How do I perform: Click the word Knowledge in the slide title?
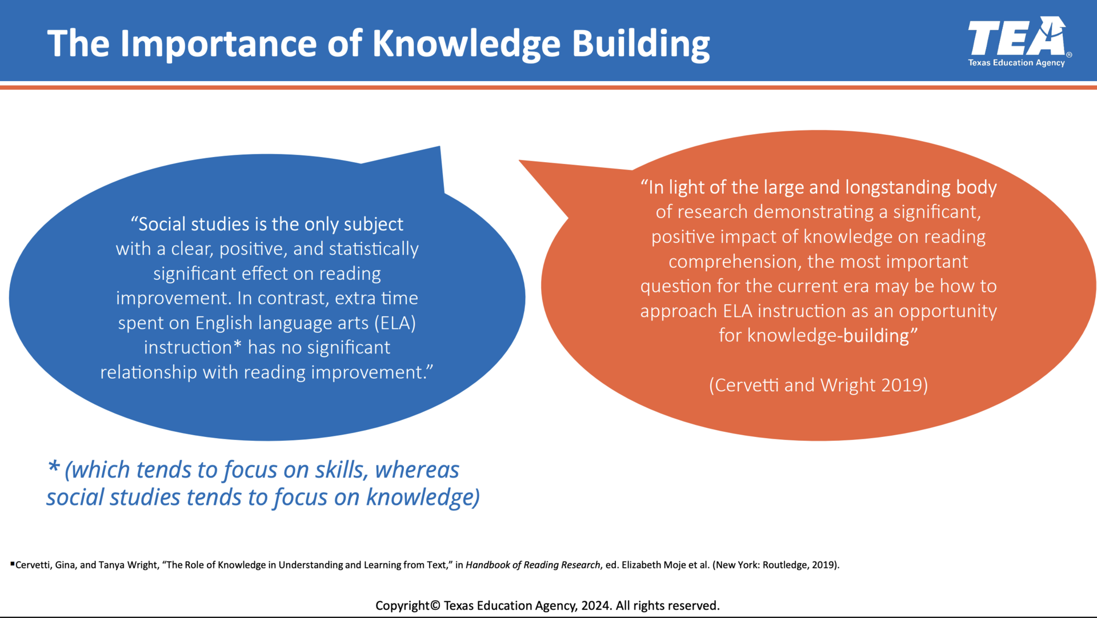click(466, 44)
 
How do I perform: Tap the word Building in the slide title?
click(640, 44)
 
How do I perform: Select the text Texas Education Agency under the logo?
click(1016, 63)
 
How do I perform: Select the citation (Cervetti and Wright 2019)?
click(818, 385)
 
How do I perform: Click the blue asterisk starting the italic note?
click(54, 467)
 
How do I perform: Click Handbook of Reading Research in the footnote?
click(533, 565)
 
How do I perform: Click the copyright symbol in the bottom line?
click(435, 605)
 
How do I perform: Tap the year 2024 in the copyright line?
click(595, 605)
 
